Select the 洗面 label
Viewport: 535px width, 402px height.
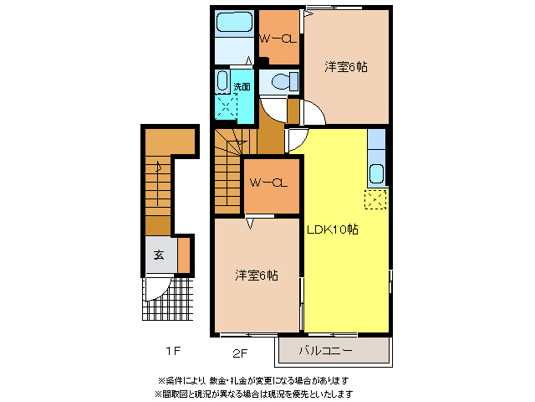click(242, 86)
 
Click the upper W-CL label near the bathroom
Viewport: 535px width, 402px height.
click(276, 39)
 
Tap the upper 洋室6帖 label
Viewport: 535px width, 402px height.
click(346, 66)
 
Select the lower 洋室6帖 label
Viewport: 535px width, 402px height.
click(256, 275)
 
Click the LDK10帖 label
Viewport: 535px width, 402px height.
click(332, 229)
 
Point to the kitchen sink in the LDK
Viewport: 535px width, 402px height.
click(376, 175)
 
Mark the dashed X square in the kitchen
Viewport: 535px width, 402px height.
click(375, 198)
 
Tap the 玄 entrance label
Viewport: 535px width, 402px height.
click(158, 255)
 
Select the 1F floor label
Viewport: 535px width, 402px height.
click(173, 349)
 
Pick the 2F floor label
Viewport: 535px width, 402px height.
click(240, 352)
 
